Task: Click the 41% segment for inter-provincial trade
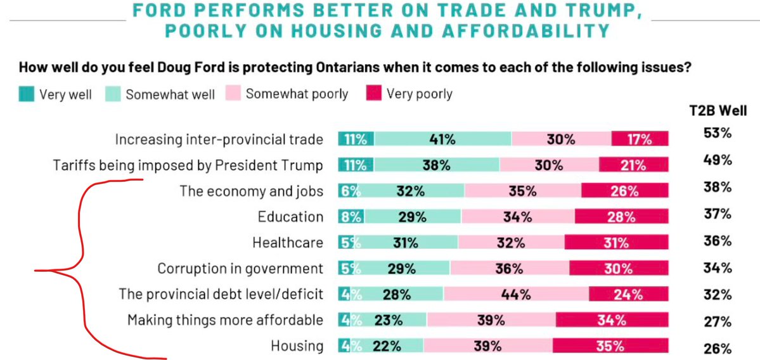coord(442,139)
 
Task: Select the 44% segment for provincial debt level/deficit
coord(516,294)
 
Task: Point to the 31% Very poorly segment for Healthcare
coord(616,243)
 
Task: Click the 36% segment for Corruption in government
coord(510,269)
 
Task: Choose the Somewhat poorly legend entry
coord(289,94)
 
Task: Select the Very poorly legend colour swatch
coord(374,94)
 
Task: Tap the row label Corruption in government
coord(240,269)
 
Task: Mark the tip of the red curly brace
coord(36,272)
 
